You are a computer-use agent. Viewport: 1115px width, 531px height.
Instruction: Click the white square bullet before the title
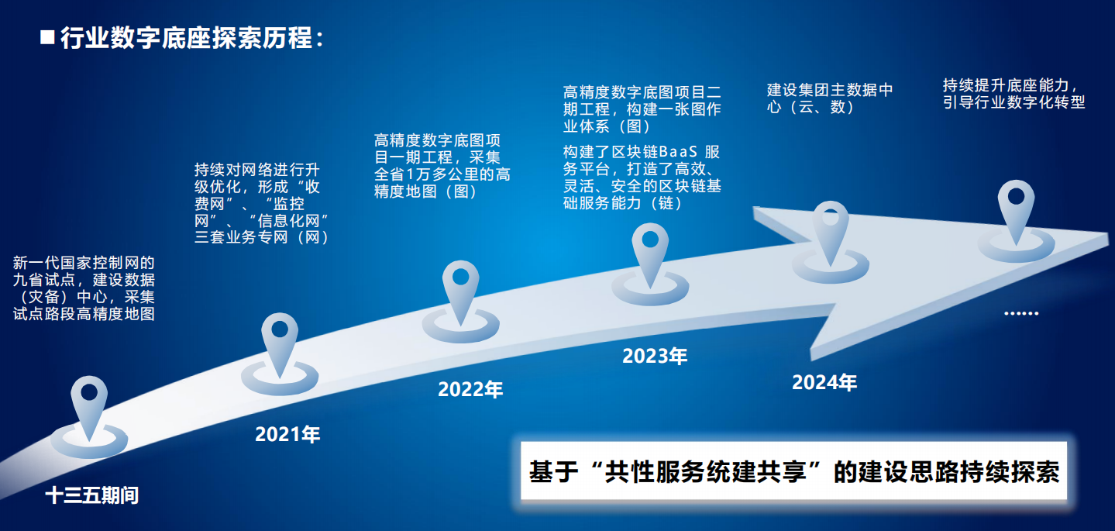[x=47, y=37]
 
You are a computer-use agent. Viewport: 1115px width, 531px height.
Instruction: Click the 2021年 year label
[x=287, y=434]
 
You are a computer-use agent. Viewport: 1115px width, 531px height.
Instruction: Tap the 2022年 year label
[x=470, y=389]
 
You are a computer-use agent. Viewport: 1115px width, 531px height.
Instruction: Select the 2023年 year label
[x=655, y=356]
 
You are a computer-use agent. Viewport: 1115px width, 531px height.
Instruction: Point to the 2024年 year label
[x=824, y=382]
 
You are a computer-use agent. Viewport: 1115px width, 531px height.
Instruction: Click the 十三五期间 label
[x=92, y=495]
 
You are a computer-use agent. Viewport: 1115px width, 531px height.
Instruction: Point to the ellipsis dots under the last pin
[x=1021, y=313]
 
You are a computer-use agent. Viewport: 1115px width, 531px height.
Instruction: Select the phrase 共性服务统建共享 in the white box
[x=704, y=472]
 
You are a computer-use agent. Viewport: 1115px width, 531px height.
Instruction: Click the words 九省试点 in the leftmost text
[x=44, y=280]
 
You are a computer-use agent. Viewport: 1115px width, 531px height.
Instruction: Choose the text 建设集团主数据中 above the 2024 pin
[x=830, y=90]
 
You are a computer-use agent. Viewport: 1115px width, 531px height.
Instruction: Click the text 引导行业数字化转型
[x=1014, y=102]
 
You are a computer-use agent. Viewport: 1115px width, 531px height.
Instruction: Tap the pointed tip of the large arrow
[x=1108, y=236]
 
